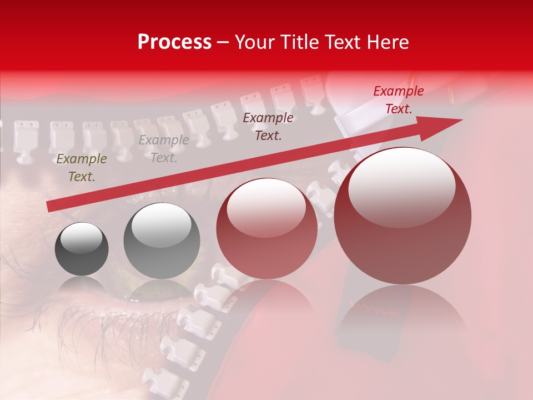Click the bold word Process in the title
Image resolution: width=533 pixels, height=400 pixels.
pos(174,42)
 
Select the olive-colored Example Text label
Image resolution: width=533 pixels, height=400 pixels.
pos(82,168)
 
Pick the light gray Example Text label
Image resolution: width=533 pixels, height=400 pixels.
pos(164,148)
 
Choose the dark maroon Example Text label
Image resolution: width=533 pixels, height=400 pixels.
pos(268,126)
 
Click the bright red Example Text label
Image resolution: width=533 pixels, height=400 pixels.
pos(398,100)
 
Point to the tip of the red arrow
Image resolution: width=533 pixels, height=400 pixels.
pos(461,121)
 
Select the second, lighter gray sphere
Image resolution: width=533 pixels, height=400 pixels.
pos(162,241)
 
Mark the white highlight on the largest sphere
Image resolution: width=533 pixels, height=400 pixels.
pos(401,186)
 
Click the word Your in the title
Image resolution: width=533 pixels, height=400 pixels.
pos(253,42)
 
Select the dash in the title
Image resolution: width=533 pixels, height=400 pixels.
pos(223,42)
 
